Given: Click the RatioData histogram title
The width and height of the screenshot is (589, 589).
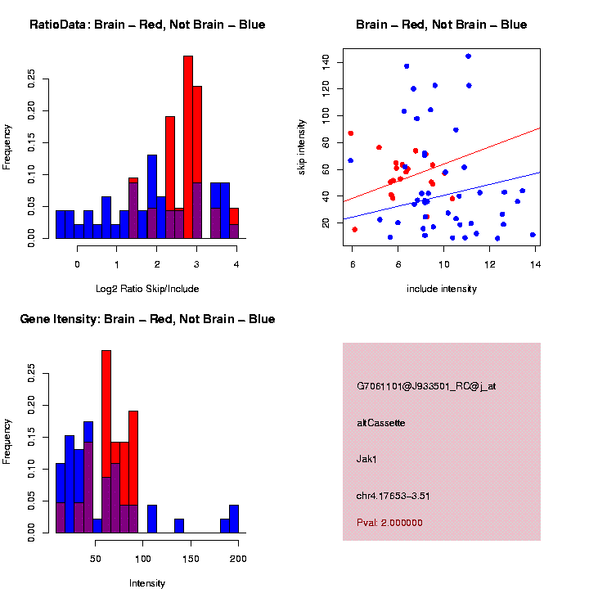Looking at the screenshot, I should coord(147,25).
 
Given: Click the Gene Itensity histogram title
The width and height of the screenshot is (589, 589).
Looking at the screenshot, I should coord(147,319).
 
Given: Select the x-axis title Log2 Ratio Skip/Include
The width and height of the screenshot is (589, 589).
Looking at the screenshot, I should coord(146,289).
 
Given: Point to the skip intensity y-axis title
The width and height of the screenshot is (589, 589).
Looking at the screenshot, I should coord(312,144).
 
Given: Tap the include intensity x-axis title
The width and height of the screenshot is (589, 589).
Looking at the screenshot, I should coord(442,289).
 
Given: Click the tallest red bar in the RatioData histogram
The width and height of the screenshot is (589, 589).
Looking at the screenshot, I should coord(188,147).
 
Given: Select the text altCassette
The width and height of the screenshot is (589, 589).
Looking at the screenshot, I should coord(381,423).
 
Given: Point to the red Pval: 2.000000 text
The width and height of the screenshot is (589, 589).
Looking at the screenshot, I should coord(390,523).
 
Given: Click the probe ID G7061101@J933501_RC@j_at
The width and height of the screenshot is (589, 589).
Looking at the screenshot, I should coord(426,386).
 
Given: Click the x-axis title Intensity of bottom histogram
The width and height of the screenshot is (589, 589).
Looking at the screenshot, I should coord(147,583).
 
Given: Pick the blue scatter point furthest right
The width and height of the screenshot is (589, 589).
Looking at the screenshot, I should coord(533,235).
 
